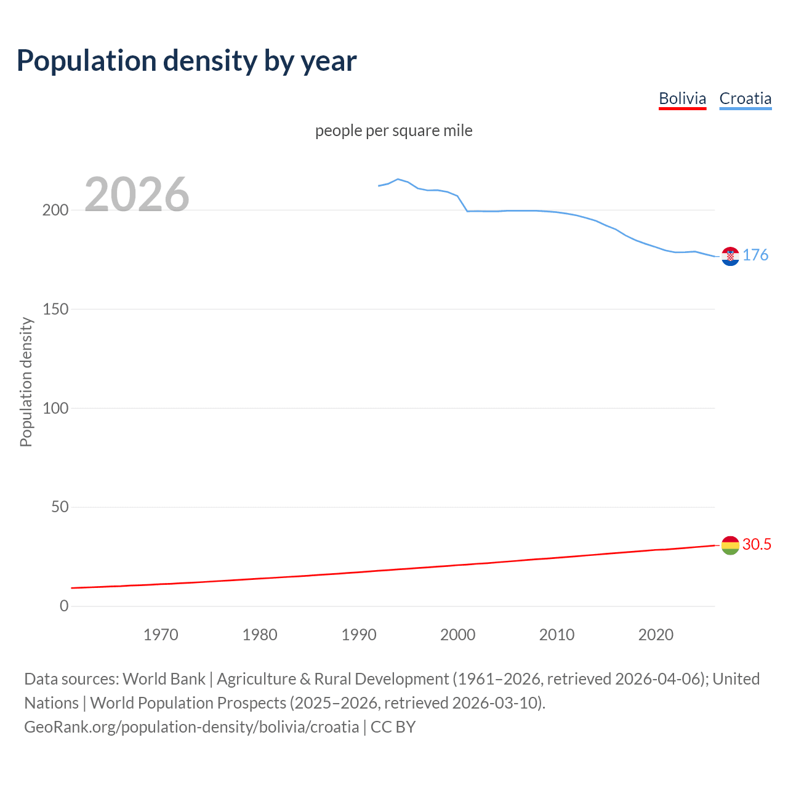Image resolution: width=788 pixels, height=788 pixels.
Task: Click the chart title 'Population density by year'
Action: (187, 61)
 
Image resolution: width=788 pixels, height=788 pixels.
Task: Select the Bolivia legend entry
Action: (682, 98)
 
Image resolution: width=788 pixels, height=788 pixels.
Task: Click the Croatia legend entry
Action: (745, 98)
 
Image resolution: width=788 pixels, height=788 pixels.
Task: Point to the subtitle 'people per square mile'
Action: (393, 131)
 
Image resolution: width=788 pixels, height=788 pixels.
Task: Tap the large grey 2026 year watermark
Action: (137, 195)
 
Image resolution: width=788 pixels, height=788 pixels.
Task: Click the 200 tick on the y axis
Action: (55, 210)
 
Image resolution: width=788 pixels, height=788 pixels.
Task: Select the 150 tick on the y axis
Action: (55, 309)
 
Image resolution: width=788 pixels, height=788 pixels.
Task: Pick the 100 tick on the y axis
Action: (55, 408)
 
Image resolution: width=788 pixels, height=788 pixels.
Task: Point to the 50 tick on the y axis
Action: (60, 507)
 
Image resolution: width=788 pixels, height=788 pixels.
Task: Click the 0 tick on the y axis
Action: (64, 606)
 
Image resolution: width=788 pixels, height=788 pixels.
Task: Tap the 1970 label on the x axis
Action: (161, 635)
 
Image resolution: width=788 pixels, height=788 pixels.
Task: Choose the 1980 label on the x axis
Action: (260, 635)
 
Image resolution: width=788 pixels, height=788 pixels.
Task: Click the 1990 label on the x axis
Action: (359, 635)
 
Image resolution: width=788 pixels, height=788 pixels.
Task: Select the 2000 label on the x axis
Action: (457, 635)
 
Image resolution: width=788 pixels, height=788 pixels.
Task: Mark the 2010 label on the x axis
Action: (557, 635)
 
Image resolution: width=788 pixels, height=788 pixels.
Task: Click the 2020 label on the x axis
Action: (656, 635)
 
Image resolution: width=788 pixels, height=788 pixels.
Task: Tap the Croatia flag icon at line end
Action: (730, 256)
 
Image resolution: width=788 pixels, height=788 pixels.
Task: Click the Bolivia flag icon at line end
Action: (730, 545)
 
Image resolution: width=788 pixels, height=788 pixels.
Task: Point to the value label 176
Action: (755, 255)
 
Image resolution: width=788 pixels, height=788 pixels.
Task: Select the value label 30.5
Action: (757, 544)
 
